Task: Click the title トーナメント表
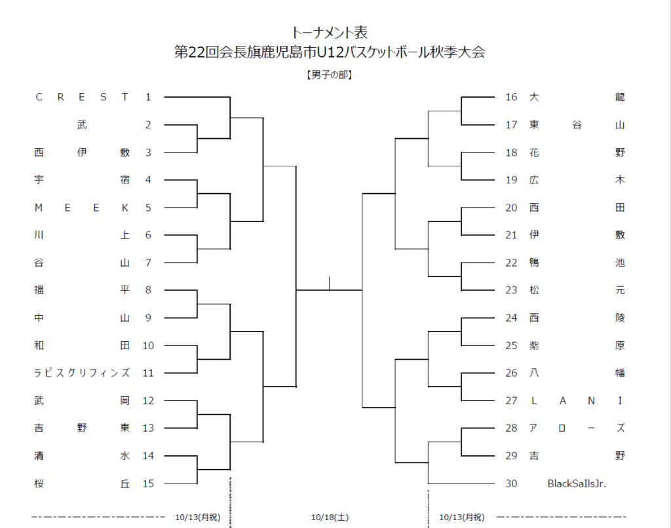coord(329,33)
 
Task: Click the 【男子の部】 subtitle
coord(329,75)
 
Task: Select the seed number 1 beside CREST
coord(148,97)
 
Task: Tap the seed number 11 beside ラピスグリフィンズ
coord(148,373)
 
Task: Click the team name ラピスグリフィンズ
coord(82,373)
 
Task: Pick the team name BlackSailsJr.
coord(577,483)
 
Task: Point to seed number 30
coord(511,483)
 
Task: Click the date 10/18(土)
coord(330,518)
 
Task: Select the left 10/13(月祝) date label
coord(198,518)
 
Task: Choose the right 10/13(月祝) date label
coord(462,518)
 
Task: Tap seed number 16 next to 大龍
coord(511,97)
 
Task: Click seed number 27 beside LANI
coord(511,401)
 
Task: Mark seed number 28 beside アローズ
coord(511,428)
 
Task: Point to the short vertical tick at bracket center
coord(329,283)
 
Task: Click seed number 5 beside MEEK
coord(148,208)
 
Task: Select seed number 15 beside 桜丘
coord(148,483)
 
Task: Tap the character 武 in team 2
coord(82,125)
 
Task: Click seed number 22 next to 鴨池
coord(511,263)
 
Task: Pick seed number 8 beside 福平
coord(148,290)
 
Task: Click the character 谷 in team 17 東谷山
coord(577,125)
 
